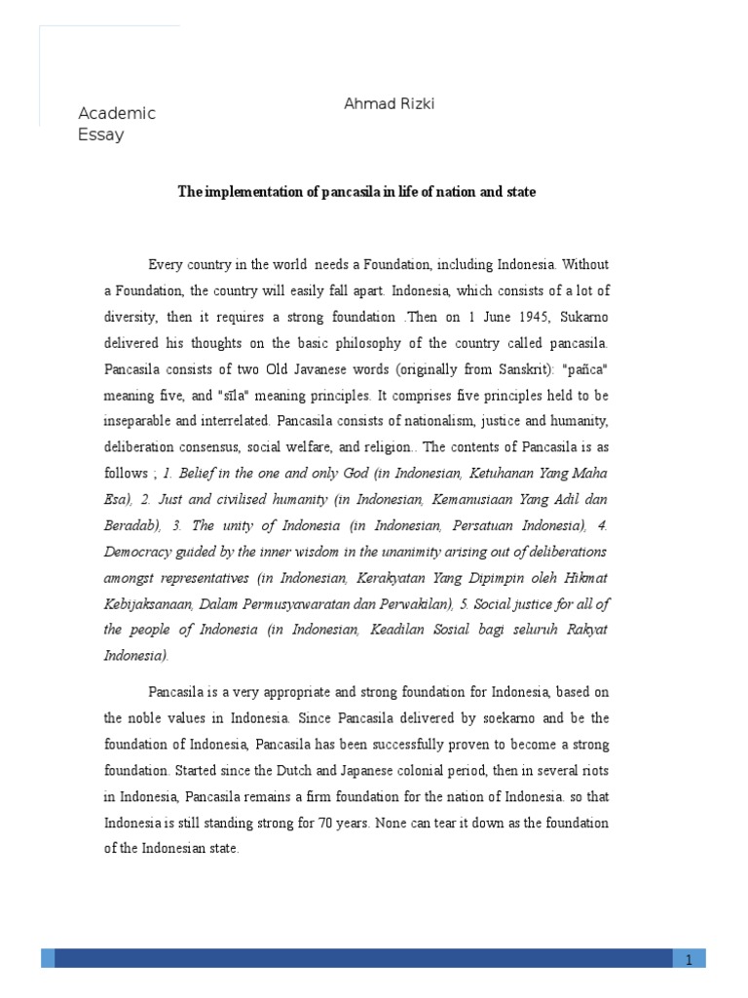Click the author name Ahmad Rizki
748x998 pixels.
pos(390,104)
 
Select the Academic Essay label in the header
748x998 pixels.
pos(116,124)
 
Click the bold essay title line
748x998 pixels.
pos(356,193)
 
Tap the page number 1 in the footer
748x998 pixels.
pos(689,960)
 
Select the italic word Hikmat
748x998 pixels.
pos(583,577)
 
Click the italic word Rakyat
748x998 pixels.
pos(583,630)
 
